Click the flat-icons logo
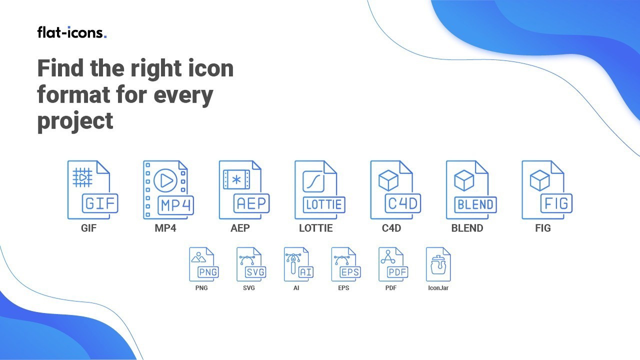pyautogui.click(x=71, y=32)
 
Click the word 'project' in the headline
pyautogui.click(x=75, y=121)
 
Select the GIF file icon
pyautogui.click(x=92, y=189)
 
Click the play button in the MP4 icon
pyautogui.click(x=165, y=180)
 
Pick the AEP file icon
pyautogui.click(x=244, y=189)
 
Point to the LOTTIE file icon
pyautogui.click(x=319, y=189)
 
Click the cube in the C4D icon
pyautogui.click(x=388, y=180)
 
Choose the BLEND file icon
pyautogui.click(x=471, y=189)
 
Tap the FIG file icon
pyautogui.click(x=547, y=189)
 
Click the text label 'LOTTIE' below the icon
pyautogui.click(x=315, y=228)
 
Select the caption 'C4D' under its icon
pyautogui.click(x=391, y=228)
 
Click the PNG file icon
pyautogui.click(x=204, y=264)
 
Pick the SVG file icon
pyautogui.click(x=251, y=264)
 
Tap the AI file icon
pyautogui.click(x=298, y=264)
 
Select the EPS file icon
pyautogui.click(x=346, y=264)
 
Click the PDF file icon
pyautogui.click(x=393, y=264)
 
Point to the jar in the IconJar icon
pyautogui.click(x=438, y=265)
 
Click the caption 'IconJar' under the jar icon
pyautogui.click(x=438, y=288)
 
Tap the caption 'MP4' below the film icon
pyautogui.click(x=165, y=228)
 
